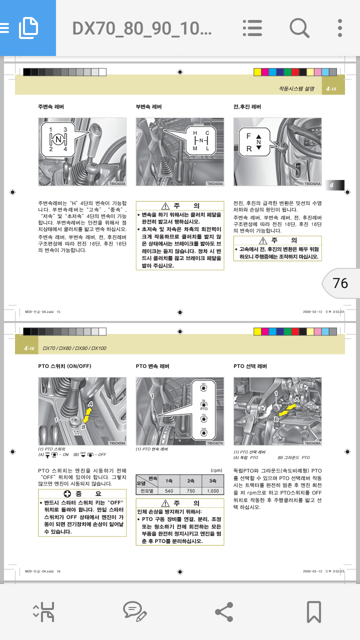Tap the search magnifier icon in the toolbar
pyautogui.click(x=299, y=28)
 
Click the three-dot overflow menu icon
pyautogui.click(x=339, y=28)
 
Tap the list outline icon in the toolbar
pyautogui.click(x=252, y=28)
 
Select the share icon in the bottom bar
pyautogui.click(x=223, y=611)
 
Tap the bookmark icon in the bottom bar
pyautogui.click(x=313, y=611)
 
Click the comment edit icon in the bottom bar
pyautogui.click(x=134, y=611)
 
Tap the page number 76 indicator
pyautogui.click(x=340, y=283)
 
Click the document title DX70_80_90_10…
pyautogui.click(x=142, y=28)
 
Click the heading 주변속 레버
pyautogui.click(x=50, y=107)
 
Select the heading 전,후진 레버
pyautogui.click(x=247, y=107)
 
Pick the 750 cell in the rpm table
pyautogui.click(x=190, y=491)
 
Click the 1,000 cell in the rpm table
pyautogui.click(x=212, y=491)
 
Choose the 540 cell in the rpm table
pyautogui.click(x=169, y=491)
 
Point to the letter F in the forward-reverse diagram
pyautogui.click(x=248, y=136)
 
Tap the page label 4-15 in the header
pyautogui.click(x=331, y=89)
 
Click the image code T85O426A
pyautogui.click(x=117, y=443)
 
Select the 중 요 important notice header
pyautogui.click(x=82, y=494)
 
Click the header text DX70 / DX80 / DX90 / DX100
pyautogui.click(x=74, y=348)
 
